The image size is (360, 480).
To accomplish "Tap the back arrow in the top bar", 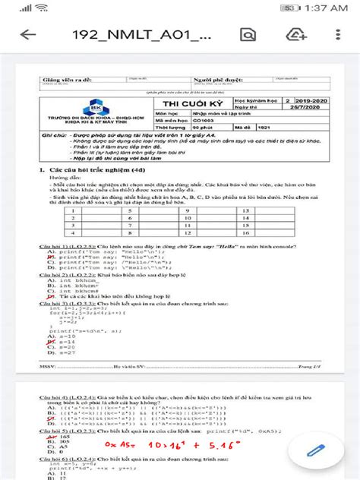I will pyautogui.click(x=28, y=35).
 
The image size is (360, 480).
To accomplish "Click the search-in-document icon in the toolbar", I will pyautogui.click(x=247, y=35).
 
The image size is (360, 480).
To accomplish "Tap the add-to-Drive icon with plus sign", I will pyautogui.click(x=295, y=35).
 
